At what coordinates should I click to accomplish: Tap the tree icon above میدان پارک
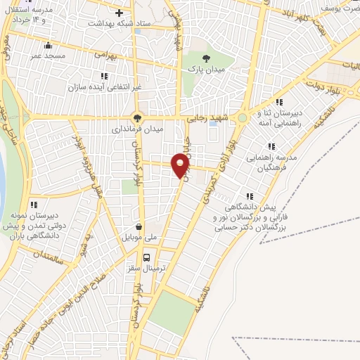click(x=205, y=58)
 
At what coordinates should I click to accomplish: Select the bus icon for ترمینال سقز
click(x=148, y=257)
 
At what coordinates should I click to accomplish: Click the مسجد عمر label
click(x=49, y=55)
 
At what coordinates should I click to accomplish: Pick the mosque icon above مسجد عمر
click(x=48, y=44)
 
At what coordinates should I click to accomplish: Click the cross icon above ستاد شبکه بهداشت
click(x=120, y=13)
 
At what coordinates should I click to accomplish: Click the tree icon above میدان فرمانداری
click(x=138, y=119)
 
